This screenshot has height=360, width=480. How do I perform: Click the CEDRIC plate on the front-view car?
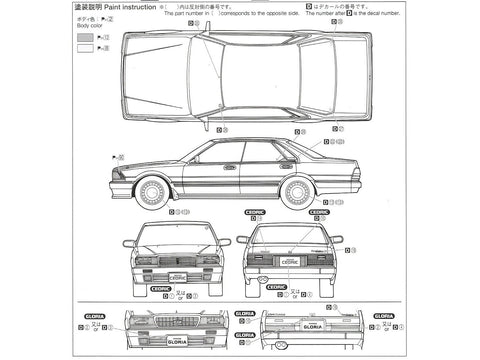pos(176,267)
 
